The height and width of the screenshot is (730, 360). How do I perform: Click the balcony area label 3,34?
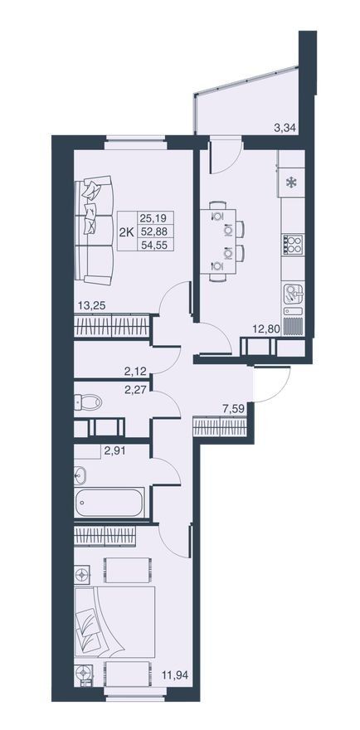tap(285, 128)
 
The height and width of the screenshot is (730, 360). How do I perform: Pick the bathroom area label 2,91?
tap(114, 450)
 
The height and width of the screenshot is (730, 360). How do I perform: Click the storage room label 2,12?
tap(135, 371)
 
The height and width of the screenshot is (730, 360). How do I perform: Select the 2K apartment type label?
tap(126, 231)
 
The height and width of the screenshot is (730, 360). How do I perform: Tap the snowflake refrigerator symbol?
tap(291, 183)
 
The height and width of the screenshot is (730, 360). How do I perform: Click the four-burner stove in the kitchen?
tap(293, 244)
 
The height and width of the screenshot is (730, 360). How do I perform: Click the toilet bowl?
tap(88, 401)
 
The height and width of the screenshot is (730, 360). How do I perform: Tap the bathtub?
tap(109, 503)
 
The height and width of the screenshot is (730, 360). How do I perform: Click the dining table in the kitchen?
tap(218, 241)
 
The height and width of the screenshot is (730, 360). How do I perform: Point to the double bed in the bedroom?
tap(114, 622)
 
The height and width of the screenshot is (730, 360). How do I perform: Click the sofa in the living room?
tap(94, 230)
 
